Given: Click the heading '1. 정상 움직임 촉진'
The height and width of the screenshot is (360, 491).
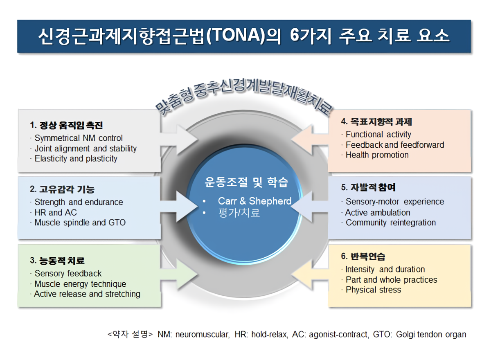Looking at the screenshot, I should [66, 125].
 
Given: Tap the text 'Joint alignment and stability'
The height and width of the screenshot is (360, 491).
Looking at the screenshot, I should [86, 148].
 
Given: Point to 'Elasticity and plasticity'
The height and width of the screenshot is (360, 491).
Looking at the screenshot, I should [76, 159].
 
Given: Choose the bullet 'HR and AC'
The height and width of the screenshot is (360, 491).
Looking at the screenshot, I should [56, 212].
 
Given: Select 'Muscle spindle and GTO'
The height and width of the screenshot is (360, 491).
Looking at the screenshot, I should [80, 223].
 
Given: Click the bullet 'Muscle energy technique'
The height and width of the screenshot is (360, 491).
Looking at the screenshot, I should [80, 284].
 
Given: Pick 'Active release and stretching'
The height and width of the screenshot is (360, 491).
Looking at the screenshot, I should [87, 294].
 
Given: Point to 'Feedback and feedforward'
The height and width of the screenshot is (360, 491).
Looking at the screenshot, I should [395, 145].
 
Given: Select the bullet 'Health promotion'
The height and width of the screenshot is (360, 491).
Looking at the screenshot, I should [377, 155].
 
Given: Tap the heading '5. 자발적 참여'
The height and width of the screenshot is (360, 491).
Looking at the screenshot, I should [368, 188].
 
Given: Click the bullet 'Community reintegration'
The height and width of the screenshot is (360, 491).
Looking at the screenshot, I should [391, 223].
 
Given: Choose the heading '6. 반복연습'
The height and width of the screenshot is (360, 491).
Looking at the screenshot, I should [363, 257].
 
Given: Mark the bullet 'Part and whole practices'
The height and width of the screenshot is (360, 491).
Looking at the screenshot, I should [392, 280].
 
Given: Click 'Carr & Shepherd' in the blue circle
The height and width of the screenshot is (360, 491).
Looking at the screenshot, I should [255, 201].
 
